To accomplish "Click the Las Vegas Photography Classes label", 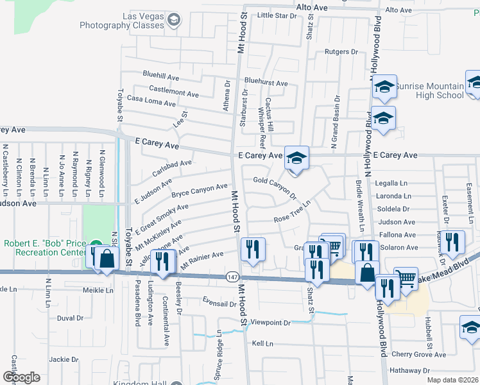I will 123,21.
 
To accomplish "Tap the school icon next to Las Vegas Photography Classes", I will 173,21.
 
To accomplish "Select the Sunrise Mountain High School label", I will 429,90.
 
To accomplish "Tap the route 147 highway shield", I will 231,275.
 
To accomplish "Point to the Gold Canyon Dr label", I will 275,186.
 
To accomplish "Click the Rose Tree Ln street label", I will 292,212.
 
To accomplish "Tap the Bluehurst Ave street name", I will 266,83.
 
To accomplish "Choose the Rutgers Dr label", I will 341,51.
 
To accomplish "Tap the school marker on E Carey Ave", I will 296,159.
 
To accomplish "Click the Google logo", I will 22,377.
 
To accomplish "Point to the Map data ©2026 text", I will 452,380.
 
